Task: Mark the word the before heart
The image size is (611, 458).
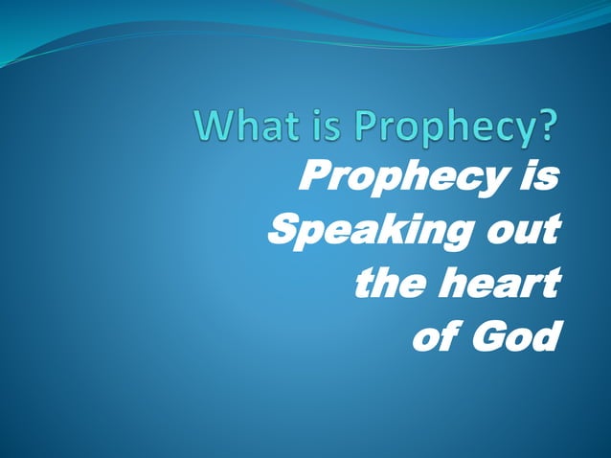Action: pos(389,284)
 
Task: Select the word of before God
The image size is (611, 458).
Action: pos(431,337)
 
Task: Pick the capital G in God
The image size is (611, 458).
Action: pos(487,337)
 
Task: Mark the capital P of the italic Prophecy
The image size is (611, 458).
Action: pos(313,177)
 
